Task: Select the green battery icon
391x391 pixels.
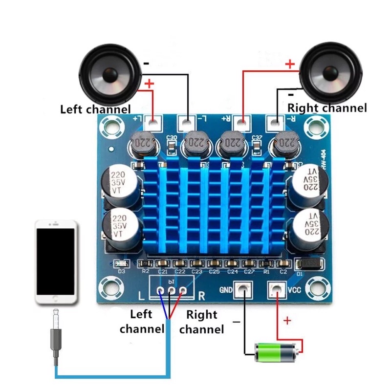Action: click(276, 350)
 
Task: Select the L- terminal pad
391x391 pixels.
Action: click(188, 122)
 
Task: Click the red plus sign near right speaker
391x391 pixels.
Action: click(290, 64)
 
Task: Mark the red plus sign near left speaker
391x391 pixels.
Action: click(150, 84)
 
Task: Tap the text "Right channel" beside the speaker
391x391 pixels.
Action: click(326, 108)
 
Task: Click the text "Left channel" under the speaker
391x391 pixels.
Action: click(95, 109)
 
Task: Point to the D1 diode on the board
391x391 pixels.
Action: click(311, 264)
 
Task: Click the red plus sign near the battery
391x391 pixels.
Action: click(287, 321)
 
